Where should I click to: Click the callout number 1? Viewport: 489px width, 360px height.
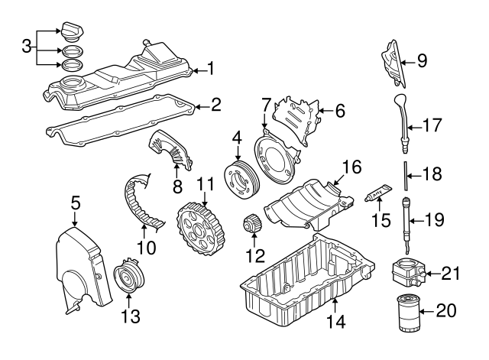tap(210, 70)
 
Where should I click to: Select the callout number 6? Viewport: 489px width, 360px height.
tap(339, 111)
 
